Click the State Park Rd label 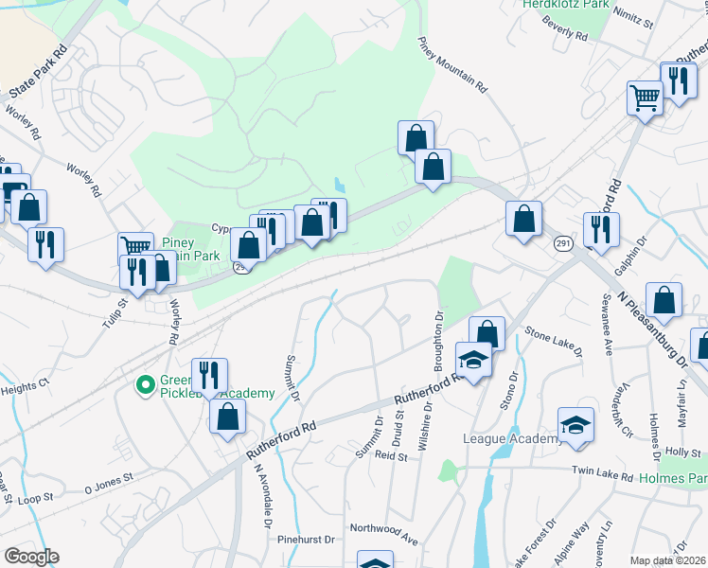(38, 71)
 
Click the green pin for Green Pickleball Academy (145, 384)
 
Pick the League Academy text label (510, 438)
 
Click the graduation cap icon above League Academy (575, 425)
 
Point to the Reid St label (390, 455)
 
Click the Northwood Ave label (383, 531)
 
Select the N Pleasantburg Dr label (652, 328)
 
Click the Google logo (31, 556)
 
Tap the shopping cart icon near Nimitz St (645, 96)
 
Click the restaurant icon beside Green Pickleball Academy (209, 374)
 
